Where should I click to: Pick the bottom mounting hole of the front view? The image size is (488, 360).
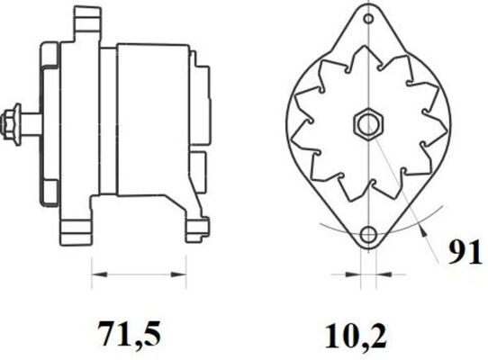click(x=366, y=236)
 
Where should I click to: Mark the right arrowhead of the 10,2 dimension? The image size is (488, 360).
click(x=378, y=270)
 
